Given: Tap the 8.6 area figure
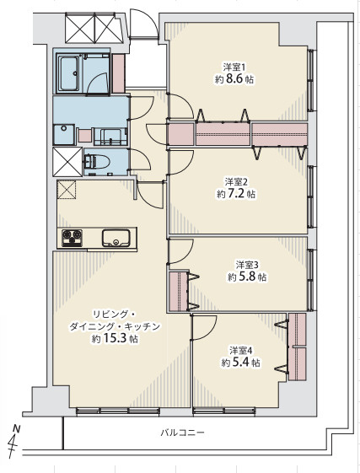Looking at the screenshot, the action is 234,79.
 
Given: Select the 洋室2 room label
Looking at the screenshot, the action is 236,181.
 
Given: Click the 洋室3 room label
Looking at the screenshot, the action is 247,265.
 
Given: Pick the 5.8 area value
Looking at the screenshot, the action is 247,277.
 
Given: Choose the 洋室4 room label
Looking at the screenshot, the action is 240,351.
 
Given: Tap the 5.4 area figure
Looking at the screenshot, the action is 240,362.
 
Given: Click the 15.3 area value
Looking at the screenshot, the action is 115,338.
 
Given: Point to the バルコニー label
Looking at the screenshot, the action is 182,433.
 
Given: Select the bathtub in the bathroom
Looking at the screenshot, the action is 69,74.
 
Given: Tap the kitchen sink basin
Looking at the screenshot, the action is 116,238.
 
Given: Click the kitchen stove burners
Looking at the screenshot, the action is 73,239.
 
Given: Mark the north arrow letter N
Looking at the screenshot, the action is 17,428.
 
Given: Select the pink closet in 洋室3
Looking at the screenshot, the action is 179,291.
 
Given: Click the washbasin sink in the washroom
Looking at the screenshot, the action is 64,135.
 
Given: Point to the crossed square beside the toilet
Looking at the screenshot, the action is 67,162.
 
